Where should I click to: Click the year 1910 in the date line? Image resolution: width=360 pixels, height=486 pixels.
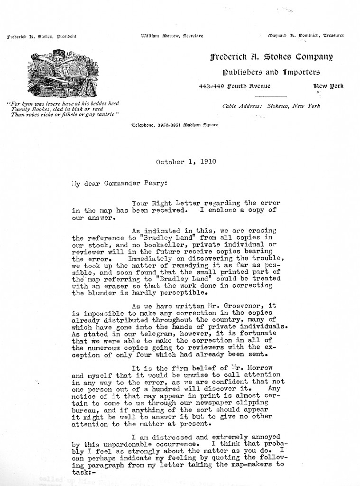pyautogui.click(x=207, y=161)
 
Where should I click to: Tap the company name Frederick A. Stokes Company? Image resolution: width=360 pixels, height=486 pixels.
pyautogui.click(x=271, y=57)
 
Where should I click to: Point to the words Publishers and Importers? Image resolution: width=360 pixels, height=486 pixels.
pyautogui.click(x=271, y=72)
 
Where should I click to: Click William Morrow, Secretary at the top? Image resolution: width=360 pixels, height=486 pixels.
pyautogui.click(x=172, y=36)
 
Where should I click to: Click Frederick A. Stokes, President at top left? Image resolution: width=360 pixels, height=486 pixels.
pyautogui.click(x=42, y=36)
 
